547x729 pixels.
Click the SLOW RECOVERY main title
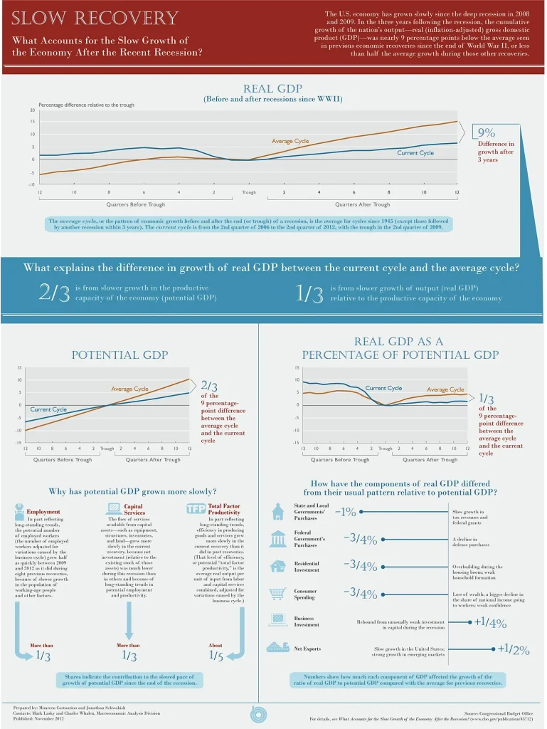point(95,18)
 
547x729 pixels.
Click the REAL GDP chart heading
point(273,88)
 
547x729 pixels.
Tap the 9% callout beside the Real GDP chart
point(487,132)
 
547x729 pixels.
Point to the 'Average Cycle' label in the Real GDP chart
point(290,141)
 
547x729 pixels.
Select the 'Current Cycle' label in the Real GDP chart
point(415,153)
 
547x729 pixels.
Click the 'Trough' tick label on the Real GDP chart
point(248,193)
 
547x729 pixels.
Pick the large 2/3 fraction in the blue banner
point(54,293)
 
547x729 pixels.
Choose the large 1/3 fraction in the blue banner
point(309,293)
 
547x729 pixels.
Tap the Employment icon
point(19,509)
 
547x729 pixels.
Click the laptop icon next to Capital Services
point(114,508)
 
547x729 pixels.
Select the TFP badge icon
point(196,509)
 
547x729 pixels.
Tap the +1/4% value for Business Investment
point(490,623)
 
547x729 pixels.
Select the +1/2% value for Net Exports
point(514,649)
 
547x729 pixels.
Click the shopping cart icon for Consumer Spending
point(277,594)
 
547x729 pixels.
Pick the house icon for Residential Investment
point(277,566)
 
